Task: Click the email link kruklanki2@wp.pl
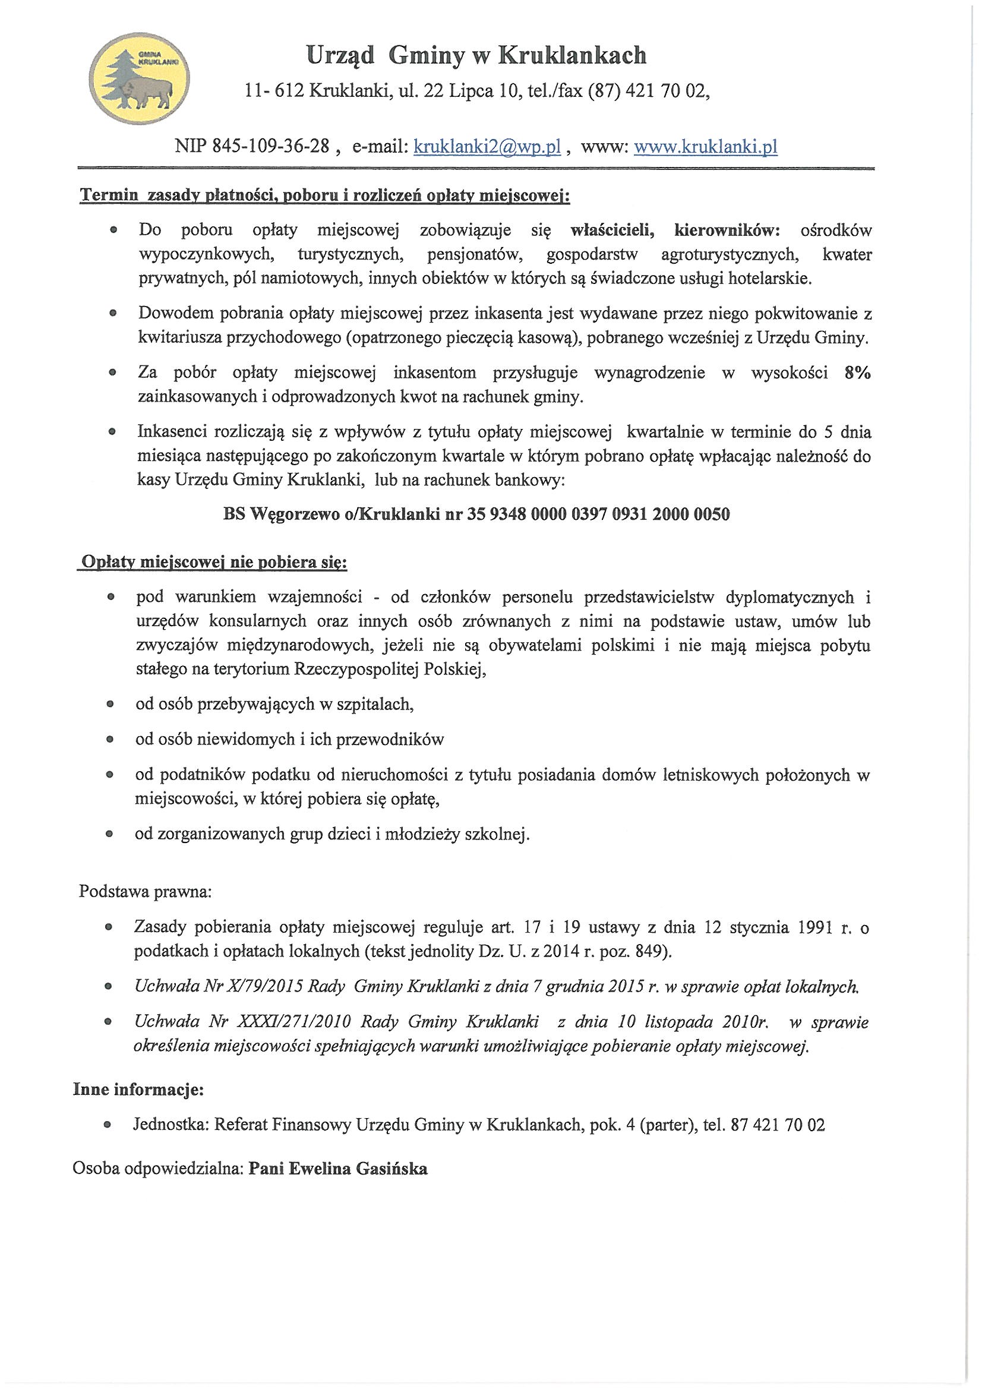(x=487, y=146)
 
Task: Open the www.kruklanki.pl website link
(x=705, y=146)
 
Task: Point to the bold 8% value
(x=857, y=373)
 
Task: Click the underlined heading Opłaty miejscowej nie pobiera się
(x=214, y=563)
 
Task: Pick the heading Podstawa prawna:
(x=145, y=892)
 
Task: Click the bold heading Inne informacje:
(x=138, y=1090)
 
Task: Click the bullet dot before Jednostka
(x=108, y=1125)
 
